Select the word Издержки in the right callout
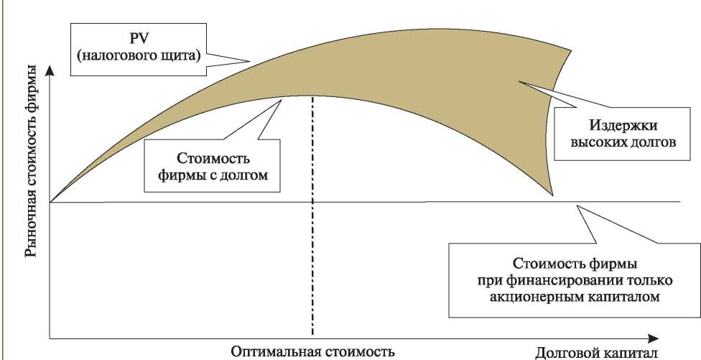tap(623, 125)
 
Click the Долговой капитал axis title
tap(596, 353)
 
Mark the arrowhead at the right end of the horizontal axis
tap(653, 338)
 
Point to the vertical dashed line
tap(312, 216)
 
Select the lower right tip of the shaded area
tap(554, 195)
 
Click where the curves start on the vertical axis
tap(50, 202)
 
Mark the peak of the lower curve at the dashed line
tap(312, 96)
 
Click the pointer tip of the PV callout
tap(251, 60)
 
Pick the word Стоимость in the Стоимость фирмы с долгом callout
tap(213, 159)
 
